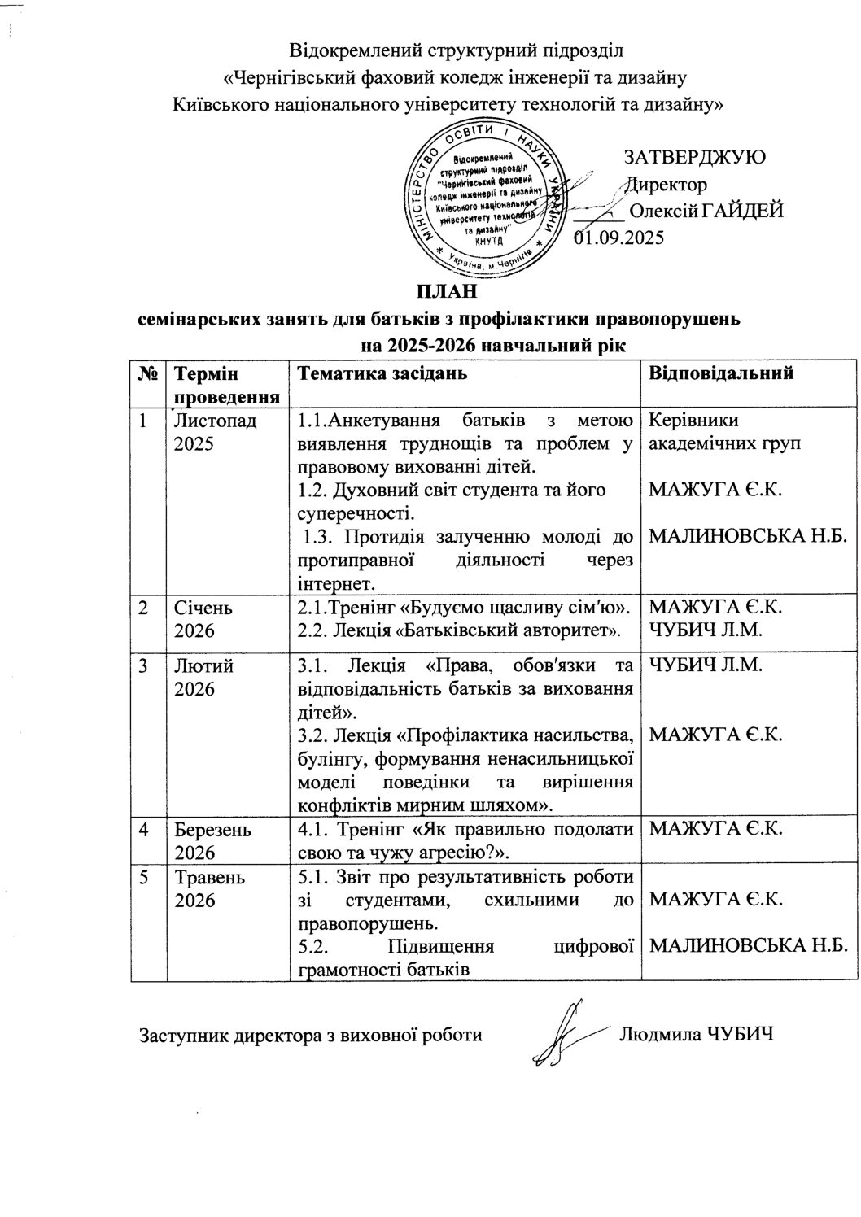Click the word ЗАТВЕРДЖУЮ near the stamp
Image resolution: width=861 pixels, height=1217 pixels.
(x=694, y=157)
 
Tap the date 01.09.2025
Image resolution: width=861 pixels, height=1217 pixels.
(x=619, y=238)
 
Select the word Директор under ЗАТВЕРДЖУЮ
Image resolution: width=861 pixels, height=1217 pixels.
(x=667, y=185)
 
